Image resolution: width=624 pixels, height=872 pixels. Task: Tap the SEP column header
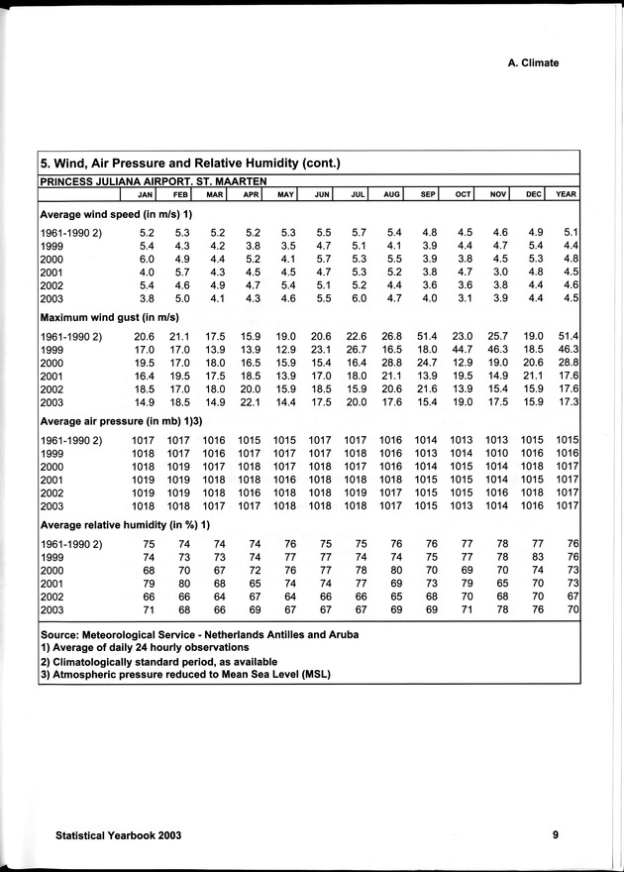[x=429, y=194]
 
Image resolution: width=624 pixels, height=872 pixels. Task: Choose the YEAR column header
[x=567, y=194]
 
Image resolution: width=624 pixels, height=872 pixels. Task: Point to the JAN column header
[x=144, y=194]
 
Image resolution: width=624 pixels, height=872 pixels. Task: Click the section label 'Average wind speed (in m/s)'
[x=115, y=214]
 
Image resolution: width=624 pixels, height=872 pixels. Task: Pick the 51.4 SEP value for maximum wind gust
[x=427, y=338]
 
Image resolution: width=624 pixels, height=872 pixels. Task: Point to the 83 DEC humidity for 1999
[x=538, y=557]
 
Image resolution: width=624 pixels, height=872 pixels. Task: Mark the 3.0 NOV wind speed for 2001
[x=500, y=273]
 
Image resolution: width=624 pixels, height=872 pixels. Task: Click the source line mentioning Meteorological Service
[x=197, y=634]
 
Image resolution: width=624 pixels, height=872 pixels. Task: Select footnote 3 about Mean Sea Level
[x=184, y=675]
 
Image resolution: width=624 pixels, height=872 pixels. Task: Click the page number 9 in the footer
[x=556, y=835]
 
